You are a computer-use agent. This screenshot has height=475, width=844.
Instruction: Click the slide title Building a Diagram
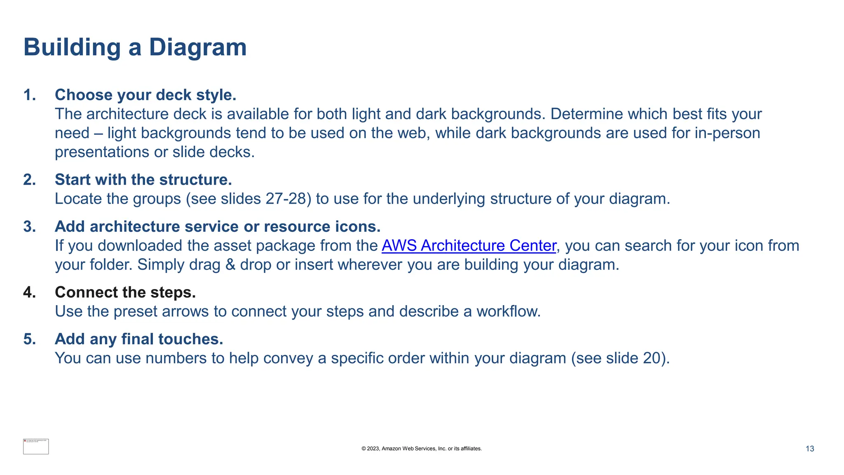coord(135,47)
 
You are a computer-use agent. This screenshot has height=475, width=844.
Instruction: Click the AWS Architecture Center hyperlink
coord(469,246)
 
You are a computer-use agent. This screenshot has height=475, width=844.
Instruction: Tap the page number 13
coord(809,449)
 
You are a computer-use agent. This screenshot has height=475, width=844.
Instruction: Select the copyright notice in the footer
coord(422,449)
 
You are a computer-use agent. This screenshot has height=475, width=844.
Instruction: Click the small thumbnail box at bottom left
coord(36,447)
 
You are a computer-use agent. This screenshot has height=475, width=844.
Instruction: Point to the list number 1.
coord(29,95)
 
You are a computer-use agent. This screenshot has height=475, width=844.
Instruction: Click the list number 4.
coord(29,292)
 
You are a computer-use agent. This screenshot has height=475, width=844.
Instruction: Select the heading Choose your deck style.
coord(145,95)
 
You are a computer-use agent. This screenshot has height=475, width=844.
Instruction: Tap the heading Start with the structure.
coord(143,180)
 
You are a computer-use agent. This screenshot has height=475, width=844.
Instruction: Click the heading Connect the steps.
coord(125,292)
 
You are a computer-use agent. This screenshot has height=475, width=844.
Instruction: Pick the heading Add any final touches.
coord(139,339)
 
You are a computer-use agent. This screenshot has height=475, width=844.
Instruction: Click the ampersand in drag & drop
coord(230,265)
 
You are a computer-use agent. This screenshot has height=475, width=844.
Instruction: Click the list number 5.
coord(29,339)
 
